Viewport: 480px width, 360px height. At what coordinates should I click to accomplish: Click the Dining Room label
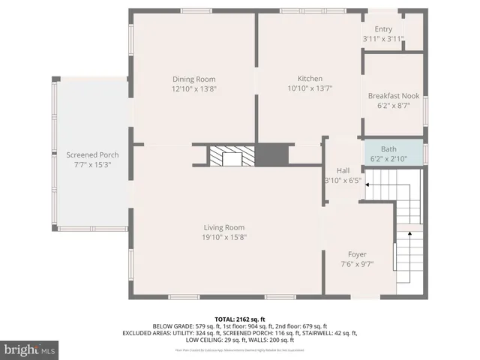coord(194,79)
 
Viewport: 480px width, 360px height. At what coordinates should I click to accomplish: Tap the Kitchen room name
coord(310,79)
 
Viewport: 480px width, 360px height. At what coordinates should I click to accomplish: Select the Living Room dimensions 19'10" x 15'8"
coord(224,237)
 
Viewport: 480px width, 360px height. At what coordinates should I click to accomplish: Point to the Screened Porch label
coord(87,154)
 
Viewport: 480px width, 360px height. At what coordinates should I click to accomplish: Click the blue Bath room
coord(393,153)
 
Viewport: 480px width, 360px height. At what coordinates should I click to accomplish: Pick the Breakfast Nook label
coord(393,96)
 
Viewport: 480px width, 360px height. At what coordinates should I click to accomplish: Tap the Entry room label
coord(383,29)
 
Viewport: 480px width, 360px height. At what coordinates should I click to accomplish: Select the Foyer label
coord(357,254)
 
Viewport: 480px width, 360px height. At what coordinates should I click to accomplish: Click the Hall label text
coord(343,170)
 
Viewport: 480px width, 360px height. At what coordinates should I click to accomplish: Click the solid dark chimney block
coord(267,155)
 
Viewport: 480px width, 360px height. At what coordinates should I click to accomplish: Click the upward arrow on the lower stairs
coord(409,235)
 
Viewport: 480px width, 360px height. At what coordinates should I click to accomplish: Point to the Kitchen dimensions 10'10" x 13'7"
coord(310,88)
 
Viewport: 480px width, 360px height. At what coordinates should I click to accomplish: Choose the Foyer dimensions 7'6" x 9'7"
coord(357,264)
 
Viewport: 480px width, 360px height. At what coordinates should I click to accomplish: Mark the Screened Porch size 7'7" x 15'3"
coord(87,164)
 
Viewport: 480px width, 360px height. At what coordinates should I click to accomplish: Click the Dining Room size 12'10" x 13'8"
coord(194,88)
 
